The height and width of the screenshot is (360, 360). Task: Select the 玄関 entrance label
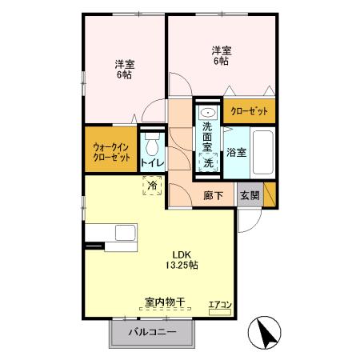tap(249, 194)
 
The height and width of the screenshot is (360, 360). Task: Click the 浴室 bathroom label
tap(235, 151)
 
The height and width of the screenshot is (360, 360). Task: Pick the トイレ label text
tap(152, 164)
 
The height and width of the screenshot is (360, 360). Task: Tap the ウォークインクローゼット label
tap(111, 151)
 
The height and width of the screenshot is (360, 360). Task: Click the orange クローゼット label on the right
tap(250, 111)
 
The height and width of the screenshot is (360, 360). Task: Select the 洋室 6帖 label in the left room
tap(123, 70)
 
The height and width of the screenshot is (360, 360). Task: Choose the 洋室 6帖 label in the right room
tap(222, 57)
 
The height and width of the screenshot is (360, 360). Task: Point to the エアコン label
tap(220, 305)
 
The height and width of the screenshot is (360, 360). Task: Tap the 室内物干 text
tap(165, 302)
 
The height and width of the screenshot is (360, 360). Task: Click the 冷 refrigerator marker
tap(152, 185)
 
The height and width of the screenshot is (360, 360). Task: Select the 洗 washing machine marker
tap(207, 163)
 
